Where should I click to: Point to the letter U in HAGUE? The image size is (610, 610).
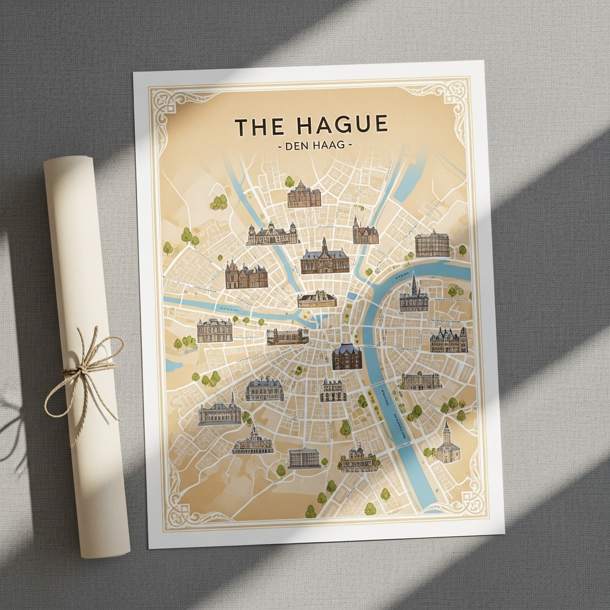click(x=361, y=126)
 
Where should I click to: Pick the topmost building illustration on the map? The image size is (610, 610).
click(x=304, y=195)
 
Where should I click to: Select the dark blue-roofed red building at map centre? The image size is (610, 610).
click(x=347, y=356)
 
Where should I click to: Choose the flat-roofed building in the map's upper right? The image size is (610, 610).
click(x=432, y=244)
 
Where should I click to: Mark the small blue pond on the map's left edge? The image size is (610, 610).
click(x=173, y=365)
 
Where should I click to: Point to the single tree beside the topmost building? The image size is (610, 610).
click(x=290, y=182)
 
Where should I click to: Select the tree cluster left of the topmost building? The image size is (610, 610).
click(x=219, y=203)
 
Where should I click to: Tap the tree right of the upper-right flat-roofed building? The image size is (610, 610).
click(x=462, y=249)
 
